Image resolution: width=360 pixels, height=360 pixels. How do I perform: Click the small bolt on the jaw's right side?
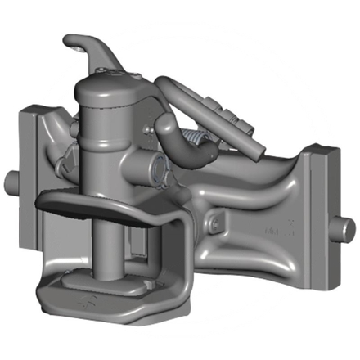point(214,222)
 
